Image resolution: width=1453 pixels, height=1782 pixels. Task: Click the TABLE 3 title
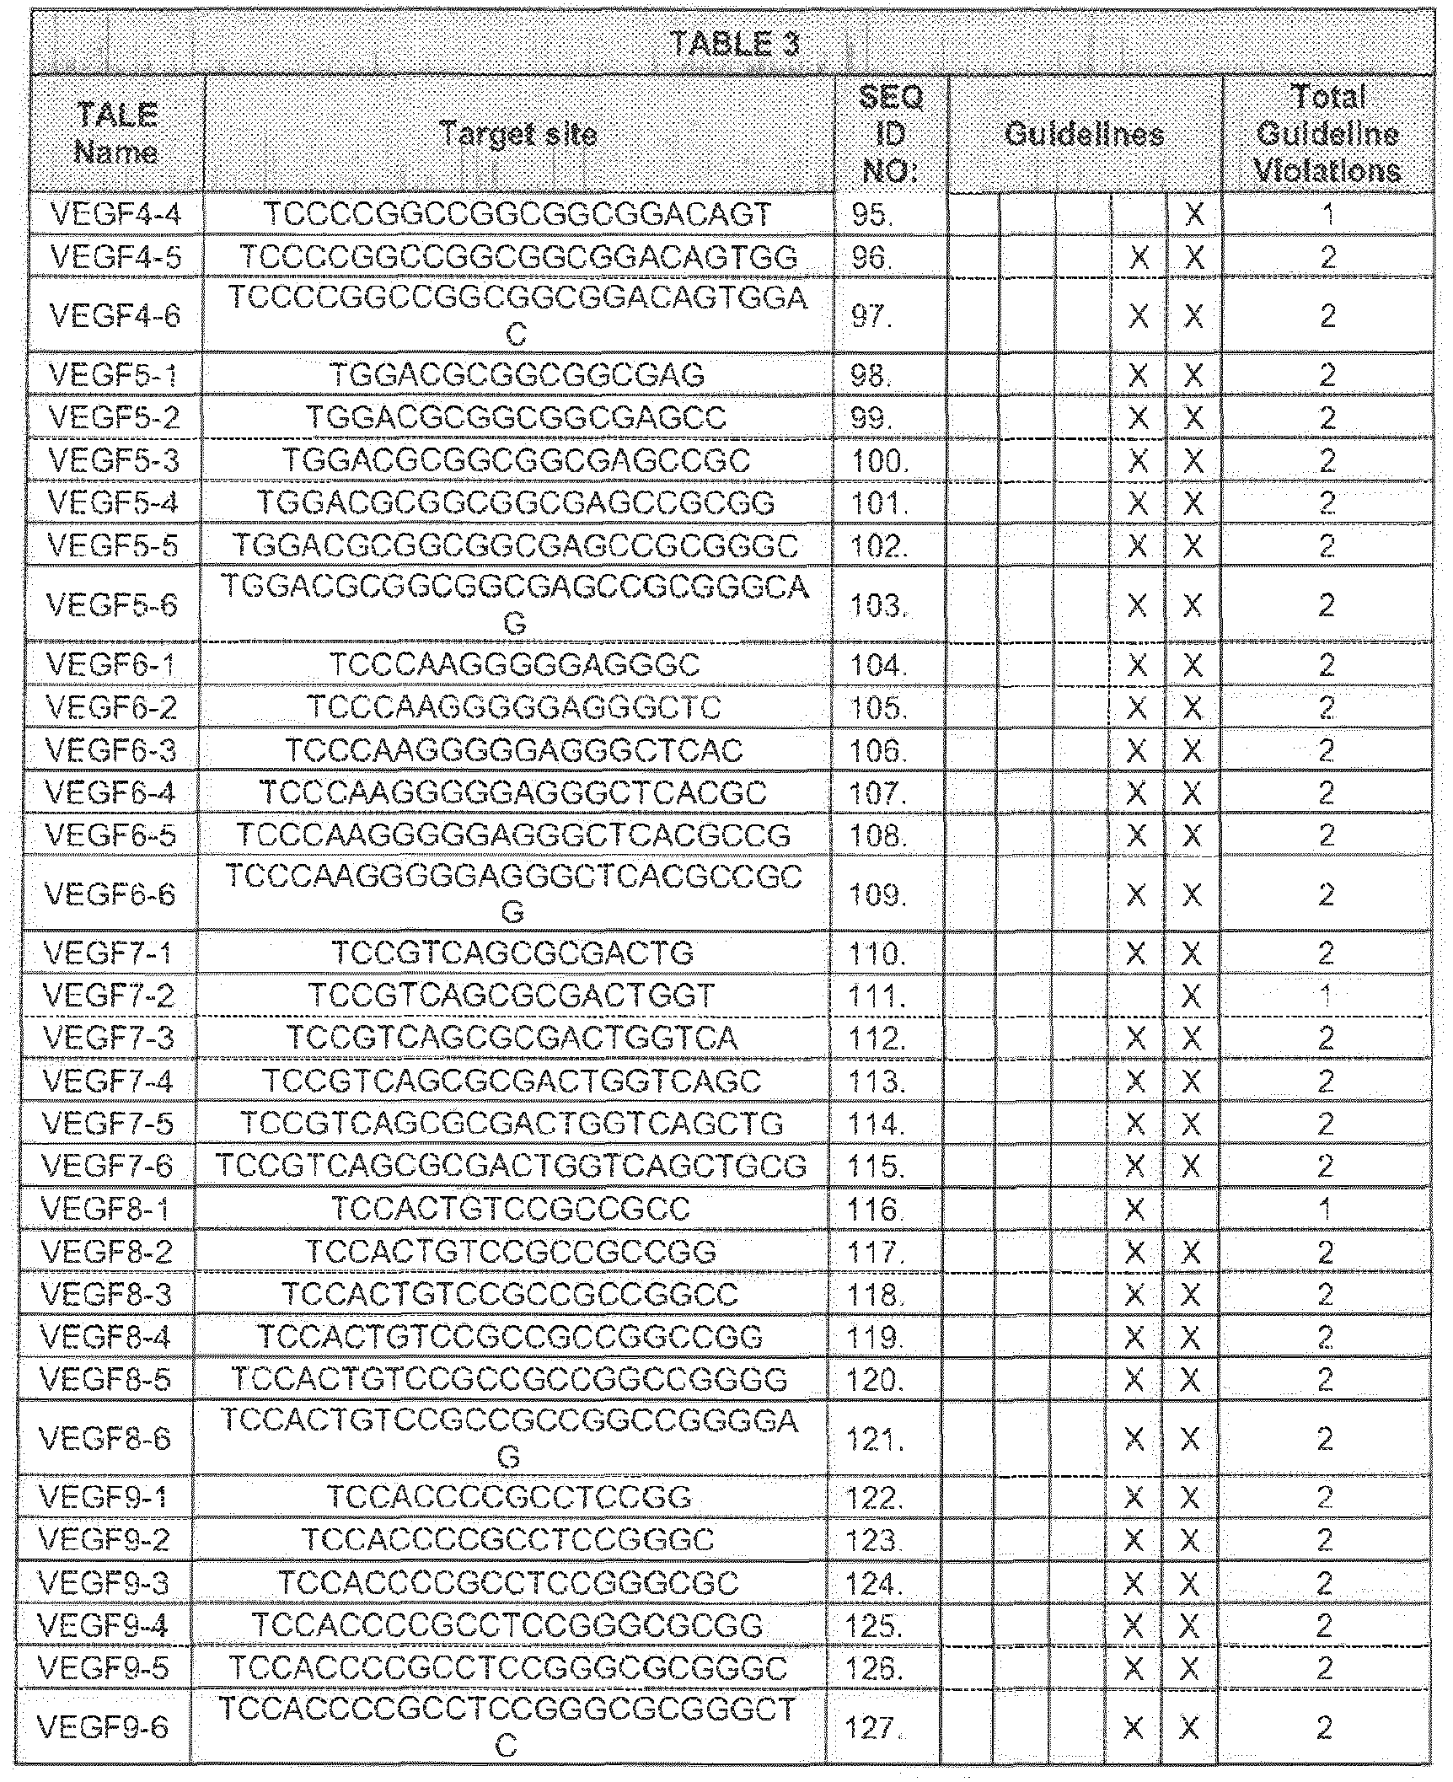[734, 45]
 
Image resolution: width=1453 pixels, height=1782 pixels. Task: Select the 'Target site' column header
[518, 134]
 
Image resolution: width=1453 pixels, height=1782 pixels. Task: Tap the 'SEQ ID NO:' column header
[890, 135]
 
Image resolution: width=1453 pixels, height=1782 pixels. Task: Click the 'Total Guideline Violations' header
[1327, 135]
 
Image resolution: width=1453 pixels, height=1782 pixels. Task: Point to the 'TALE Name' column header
[117, 135]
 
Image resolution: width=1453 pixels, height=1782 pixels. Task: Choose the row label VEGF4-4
[116, 215]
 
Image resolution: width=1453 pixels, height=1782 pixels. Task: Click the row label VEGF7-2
[109, 997]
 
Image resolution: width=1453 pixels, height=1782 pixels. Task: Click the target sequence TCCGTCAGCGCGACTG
[512, 953]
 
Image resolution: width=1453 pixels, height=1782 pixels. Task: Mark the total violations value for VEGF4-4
[1328, 215]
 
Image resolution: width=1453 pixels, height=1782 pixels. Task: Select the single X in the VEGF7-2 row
[1191, 997]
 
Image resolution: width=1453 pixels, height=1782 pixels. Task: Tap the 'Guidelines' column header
[1085, 135]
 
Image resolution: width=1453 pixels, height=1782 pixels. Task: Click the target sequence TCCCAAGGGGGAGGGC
[515, 665]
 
